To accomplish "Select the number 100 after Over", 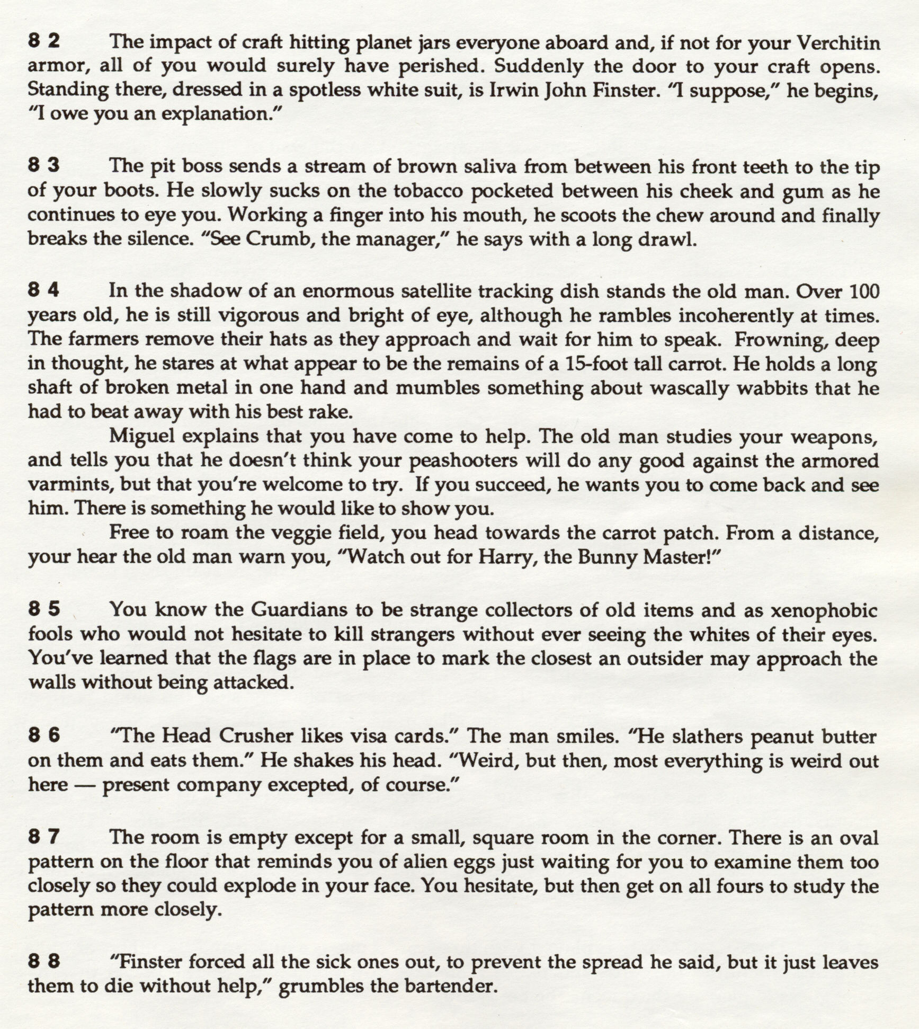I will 864,291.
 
